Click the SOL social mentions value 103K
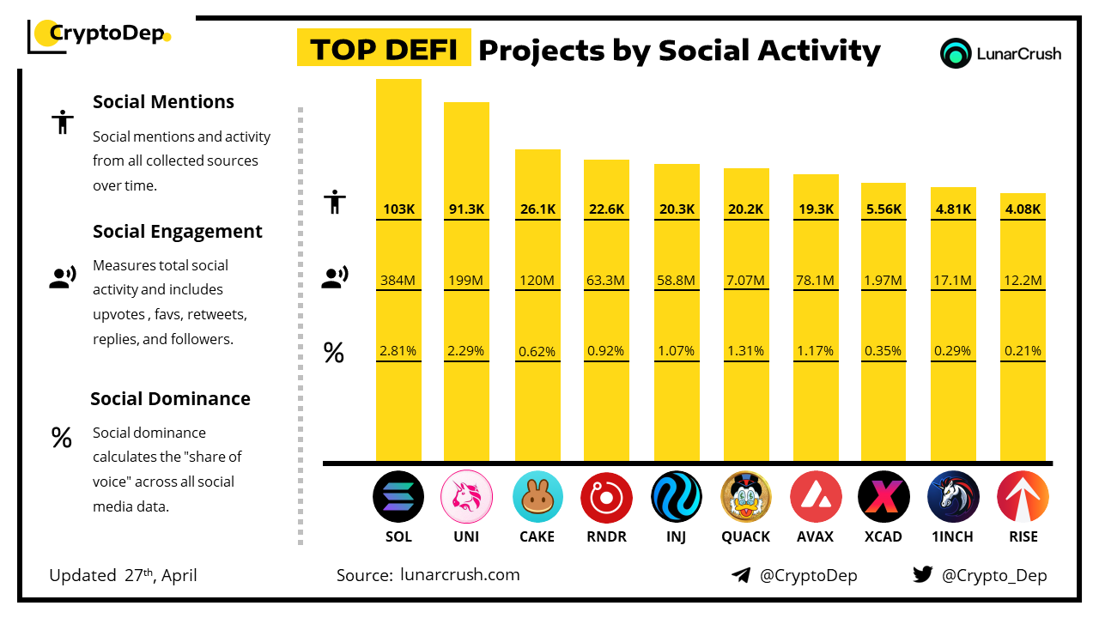[398, 209]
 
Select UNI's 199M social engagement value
[466, 280]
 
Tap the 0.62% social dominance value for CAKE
[537, 351]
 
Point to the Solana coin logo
[398, 497]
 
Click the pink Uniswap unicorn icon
[466, 497]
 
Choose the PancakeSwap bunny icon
[537, 497]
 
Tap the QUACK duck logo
[746, 497]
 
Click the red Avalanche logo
[816, 497]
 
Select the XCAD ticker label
[883, 536]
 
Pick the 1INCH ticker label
[953, 536]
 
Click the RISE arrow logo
[1023, 497]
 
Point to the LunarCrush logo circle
[956, 53]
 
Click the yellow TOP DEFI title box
[384, 50]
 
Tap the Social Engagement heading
[178, 232]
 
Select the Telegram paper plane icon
[741, 575]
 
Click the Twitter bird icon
[923, 575]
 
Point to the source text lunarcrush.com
[459, 574]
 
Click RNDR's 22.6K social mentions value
[606, 209]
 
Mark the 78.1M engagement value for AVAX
[816, 280]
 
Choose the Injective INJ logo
[677, 497]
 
